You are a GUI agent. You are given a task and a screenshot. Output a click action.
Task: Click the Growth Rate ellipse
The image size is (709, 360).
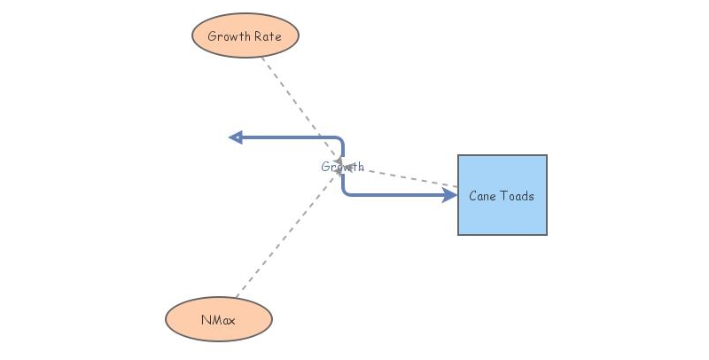coord(245,36)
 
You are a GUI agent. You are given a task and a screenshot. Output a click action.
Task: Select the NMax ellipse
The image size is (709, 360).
coord(219,319)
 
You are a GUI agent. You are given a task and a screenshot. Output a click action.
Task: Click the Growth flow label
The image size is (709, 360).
coord(342,167)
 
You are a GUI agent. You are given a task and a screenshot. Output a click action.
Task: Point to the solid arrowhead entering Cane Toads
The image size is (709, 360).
coord(450,195)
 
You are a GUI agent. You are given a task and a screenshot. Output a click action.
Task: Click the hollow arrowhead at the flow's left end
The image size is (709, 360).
coord(236,137)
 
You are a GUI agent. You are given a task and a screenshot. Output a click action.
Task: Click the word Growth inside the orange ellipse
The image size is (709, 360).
coord(227,36)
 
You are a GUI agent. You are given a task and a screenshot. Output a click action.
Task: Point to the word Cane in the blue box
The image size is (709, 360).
coord(483,196)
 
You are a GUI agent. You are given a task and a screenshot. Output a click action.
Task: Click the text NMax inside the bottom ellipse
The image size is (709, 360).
coord(219,319)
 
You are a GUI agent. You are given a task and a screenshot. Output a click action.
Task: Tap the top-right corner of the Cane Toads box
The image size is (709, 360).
coord(546,156)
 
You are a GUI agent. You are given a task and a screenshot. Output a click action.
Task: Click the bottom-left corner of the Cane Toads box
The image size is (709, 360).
coord(459,234)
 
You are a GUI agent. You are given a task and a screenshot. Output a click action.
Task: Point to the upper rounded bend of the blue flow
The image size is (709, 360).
coord(341,140)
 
